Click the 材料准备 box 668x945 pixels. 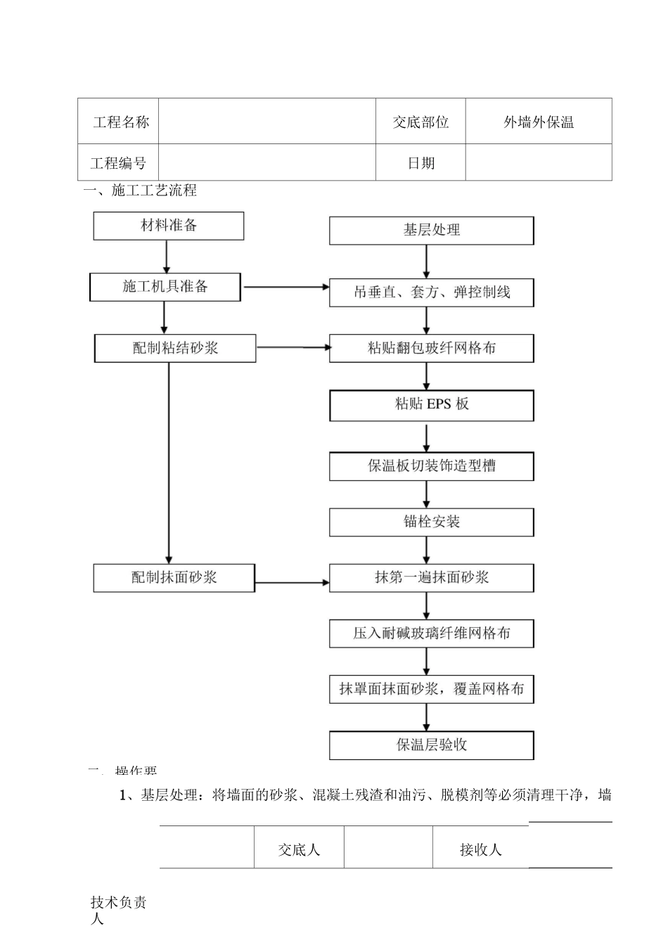pos(169,226)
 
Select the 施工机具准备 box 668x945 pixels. pos(165,287)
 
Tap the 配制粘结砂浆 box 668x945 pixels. pos(175,348)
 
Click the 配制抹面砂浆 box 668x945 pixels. pos(174,577)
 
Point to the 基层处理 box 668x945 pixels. pos(431,230)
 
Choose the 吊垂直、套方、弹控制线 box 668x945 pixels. pos(431,292)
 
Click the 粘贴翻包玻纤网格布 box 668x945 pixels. pos(431,348)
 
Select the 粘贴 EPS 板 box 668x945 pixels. pos(431,405)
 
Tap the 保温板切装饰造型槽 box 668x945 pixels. pos(431,465)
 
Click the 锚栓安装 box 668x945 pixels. pos(431,522)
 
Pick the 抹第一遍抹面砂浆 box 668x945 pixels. pos(431,577)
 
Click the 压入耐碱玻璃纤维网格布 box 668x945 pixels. pos(431,634)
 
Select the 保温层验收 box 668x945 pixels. pos(431,745)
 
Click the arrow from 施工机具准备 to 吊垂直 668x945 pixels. pos(285,287)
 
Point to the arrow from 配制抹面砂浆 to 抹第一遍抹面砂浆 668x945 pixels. pos(292,582)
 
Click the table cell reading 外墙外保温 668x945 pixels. pos(539,122)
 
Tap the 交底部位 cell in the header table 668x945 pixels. pos(420,122)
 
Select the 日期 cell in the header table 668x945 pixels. pos(420,163)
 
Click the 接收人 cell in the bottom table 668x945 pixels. pos(480,849)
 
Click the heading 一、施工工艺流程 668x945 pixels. pos(141,191)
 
